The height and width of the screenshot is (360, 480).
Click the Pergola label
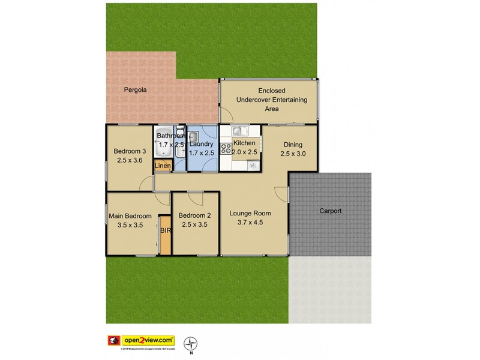tap(135, 90)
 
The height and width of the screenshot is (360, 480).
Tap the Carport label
tap(330, 211)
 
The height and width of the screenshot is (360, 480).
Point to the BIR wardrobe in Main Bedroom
tap(165, 234)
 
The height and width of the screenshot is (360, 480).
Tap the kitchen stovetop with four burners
tap(227, 148)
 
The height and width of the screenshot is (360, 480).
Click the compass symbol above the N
tap(191, 343)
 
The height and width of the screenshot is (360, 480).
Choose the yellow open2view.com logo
tap(145, 340)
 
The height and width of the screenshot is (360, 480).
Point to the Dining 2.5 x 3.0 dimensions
tap(293, 154)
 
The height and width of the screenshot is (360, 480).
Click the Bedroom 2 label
tap(194, 215)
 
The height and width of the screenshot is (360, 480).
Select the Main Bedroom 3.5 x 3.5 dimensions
tap(130, 226)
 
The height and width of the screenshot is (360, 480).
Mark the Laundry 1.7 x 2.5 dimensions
tap(202, 154)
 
